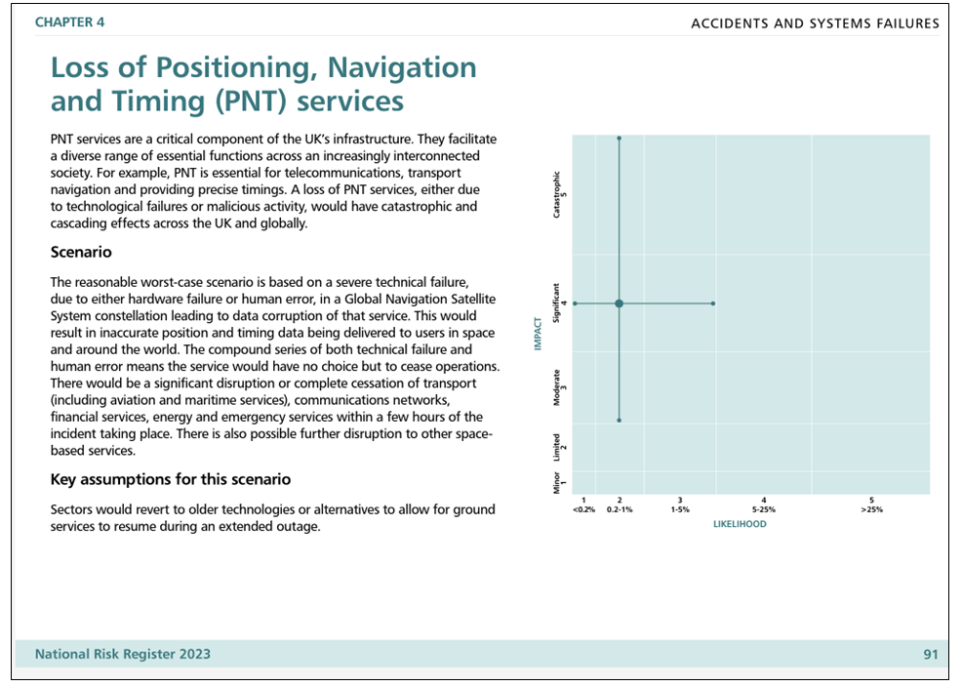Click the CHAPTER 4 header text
coord(69,22)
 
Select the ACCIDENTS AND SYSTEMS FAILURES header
coord(815,24)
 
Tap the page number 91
coord(931,655)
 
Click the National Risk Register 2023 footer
coord(123,655)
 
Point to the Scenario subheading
coord(81,252)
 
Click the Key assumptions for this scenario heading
coord(171,479)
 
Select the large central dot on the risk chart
coord(619,303)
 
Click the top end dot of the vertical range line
coord(619,138)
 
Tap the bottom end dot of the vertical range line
coord(619,421)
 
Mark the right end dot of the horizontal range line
coord(713,303)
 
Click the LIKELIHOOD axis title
coord(740,524)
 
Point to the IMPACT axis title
coord(538,334)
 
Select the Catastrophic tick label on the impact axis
coord(557,194)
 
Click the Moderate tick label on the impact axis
coord(557,387)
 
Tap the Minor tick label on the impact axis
coord(557,483)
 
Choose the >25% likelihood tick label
coord(872,509)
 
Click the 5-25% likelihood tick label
coord(764,509)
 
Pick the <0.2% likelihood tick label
coord(583,509)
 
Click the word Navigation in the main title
coord(402,67)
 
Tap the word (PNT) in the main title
coord(251,101)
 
